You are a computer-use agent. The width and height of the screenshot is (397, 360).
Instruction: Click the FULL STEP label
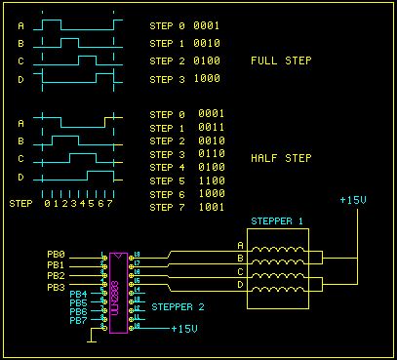pos(281,60)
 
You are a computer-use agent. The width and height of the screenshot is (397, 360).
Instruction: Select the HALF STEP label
pos(281,156)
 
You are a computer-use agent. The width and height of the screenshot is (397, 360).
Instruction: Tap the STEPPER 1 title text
pos(277,220)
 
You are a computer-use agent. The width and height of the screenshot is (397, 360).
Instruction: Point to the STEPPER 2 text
pos(178,306)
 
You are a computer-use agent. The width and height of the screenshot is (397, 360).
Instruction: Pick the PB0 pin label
pos(56,254)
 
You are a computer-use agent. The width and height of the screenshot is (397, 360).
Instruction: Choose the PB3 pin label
pos(56,287)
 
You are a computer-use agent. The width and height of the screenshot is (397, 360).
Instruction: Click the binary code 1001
pos(211,208)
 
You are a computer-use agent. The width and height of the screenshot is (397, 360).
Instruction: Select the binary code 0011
pos(211,128)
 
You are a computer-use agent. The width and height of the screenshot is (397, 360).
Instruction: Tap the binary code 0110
pos(211,154)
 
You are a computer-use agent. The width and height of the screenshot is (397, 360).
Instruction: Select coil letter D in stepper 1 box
pos(241,287)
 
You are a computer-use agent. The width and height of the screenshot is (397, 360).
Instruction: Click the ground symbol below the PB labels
pos(90,340)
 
